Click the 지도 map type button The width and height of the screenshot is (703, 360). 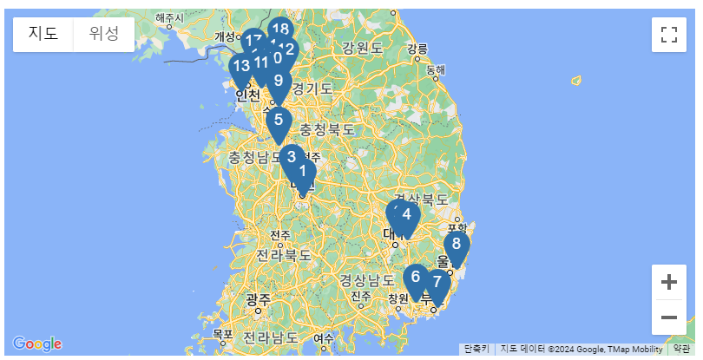pyautogui.click(x=43, y=34)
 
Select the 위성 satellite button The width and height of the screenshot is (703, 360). pyautogui.click(x=104, y=34)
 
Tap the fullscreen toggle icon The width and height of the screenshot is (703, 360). pyautogui.click(x=668, y=35)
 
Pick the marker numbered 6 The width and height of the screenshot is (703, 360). pyautogui.click(x=416, y=278)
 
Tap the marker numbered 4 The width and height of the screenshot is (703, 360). pyautogui.click(x=406, y=215)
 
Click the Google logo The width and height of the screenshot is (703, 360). pyautogui.click(x=37, y=344)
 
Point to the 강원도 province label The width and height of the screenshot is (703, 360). pyautogui.click(x=362, y=48)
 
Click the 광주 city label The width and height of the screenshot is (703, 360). pyautogui.click(x=259, y=299)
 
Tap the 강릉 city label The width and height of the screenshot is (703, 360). pyautogui.click(x=417, y=48)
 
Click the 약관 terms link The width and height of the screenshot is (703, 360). pyautogui.click(x=682, y=349)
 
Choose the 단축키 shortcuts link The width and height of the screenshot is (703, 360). pyautogui.click(x=476, y=349)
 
